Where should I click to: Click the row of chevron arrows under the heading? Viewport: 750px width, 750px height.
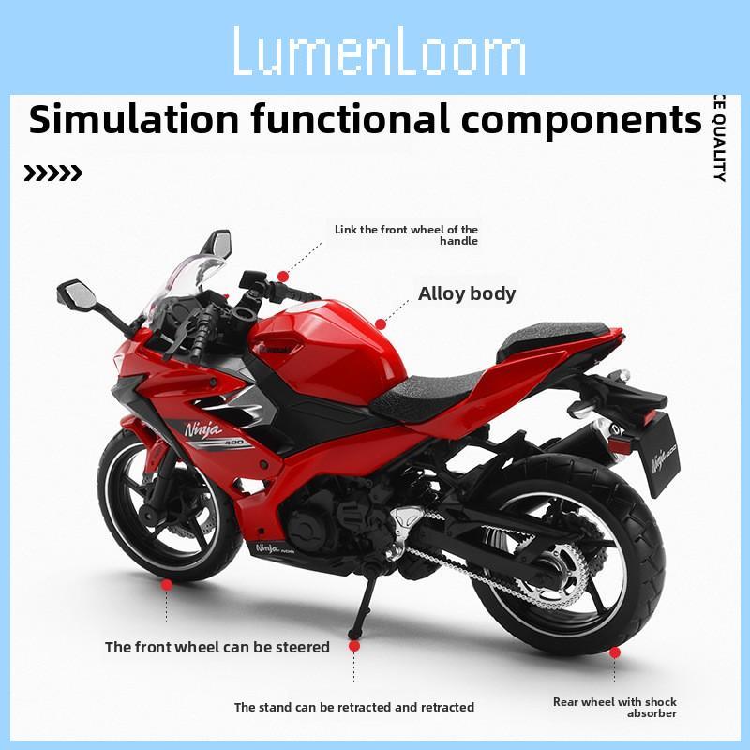point(52,173)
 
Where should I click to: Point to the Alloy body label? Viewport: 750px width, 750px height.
point(467,293)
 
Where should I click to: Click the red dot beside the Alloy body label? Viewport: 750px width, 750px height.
point(380,323)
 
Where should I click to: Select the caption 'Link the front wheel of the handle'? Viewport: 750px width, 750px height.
point(407,234)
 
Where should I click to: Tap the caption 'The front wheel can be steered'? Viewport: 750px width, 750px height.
point(217,647)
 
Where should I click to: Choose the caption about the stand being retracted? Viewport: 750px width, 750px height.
point(353,707)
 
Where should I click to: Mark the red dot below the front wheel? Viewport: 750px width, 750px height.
point(167,584)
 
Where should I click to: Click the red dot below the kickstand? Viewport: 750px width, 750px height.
point(353,646)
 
